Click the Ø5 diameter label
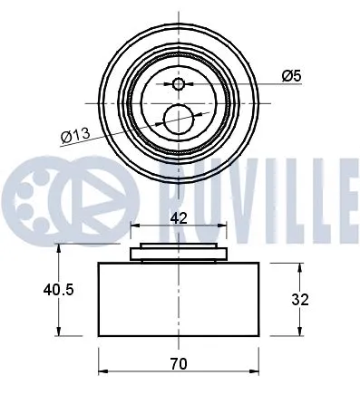click(x=290, y=76)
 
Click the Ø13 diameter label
click(x=77, y=136)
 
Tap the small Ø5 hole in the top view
click(x=179, y=84)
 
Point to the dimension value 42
click(x=179, y=217)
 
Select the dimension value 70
click(x=179, y=364)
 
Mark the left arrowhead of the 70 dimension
click(x=102, y=371)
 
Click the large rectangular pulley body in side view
click(x=179, y=299)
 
